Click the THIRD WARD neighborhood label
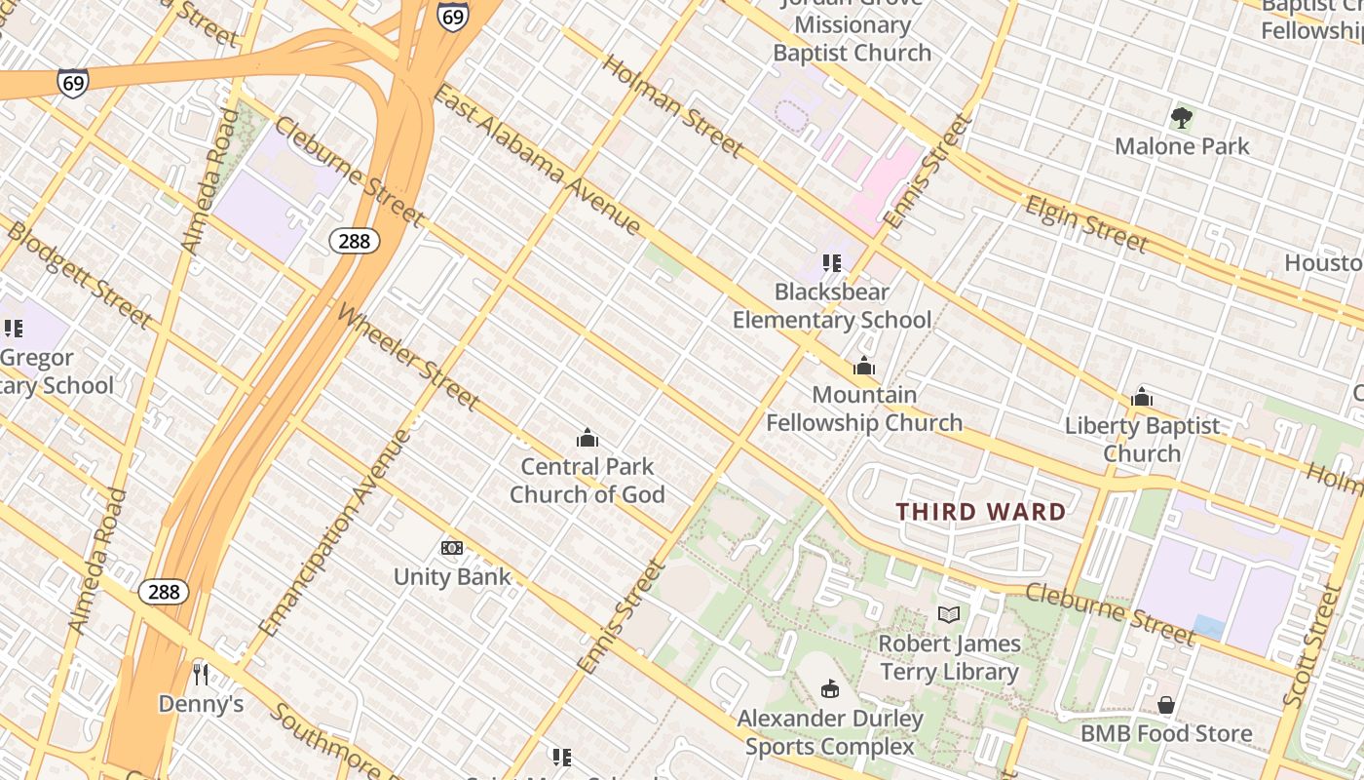point(981,512)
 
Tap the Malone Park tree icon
point(1182,119)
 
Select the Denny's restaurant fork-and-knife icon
point(201,674)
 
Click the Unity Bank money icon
point(452,548)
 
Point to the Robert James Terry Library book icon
point(949,614)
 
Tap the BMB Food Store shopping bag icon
point(1166,704)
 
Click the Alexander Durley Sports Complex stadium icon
point(830,689)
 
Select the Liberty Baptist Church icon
point(1142,397)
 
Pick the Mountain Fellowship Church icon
point(864,367)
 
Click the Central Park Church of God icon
point(587,438)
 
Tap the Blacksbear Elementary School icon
point(831,262)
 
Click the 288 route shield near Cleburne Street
point(354,240)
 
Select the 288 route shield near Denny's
point(164,591)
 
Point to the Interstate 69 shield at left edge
point(72,82)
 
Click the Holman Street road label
point(672,105)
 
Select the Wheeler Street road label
point(408,357)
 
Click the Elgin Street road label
point(1086,223)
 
